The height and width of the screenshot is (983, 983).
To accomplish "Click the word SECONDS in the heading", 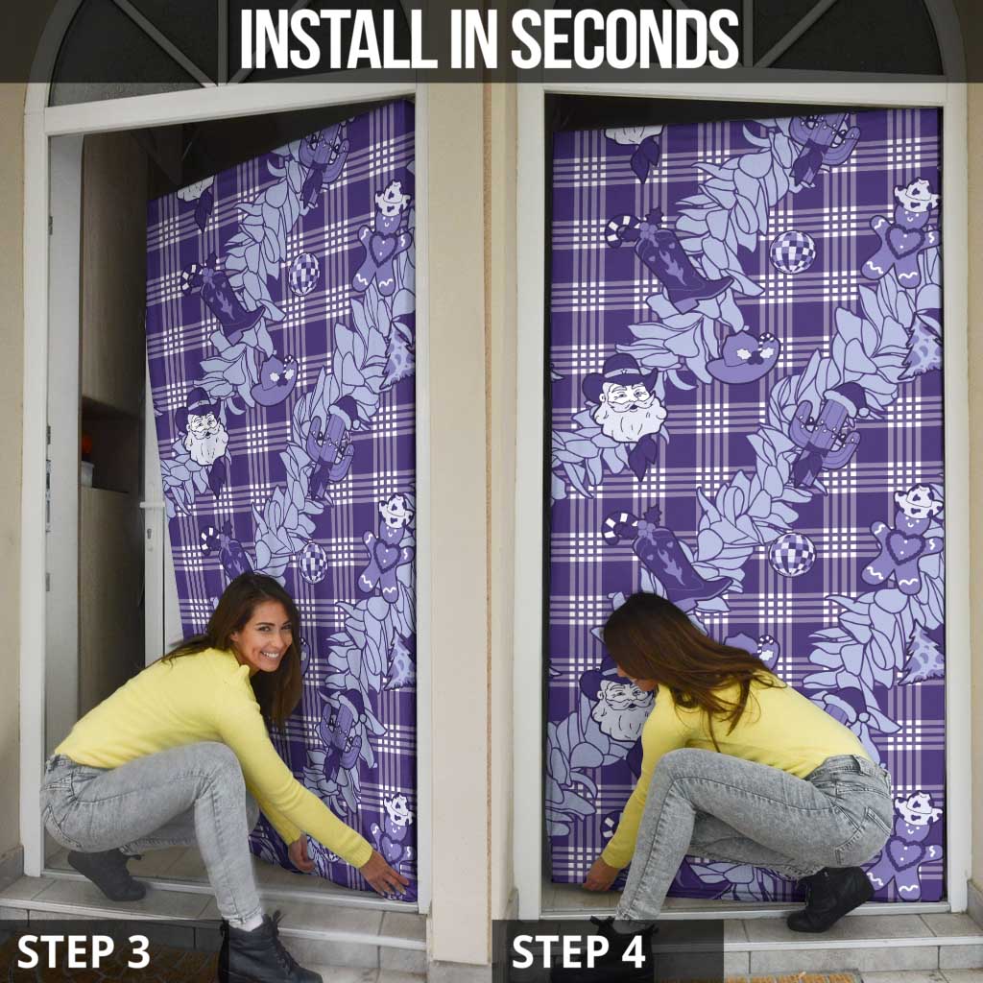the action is point(625,38).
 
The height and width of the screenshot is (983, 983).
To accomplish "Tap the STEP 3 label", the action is point(84,951).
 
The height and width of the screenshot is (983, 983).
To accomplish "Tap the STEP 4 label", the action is point(578,951).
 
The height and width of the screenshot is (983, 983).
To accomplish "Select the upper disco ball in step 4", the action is point(792,252).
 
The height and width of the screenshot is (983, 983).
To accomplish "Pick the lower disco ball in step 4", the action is point(792,554).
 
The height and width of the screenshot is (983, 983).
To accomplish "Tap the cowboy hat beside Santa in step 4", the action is point(743,356).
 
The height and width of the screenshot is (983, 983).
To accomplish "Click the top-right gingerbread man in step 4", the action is point(902,233).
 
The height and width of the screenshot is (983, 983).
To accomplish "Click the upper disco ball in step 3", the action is point(304,274).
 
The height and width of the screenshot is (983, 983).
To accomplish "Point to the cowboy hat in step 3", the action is point(274,380).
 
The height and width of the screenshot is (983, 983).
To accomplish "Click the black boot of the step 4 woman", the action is point(829,899).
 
